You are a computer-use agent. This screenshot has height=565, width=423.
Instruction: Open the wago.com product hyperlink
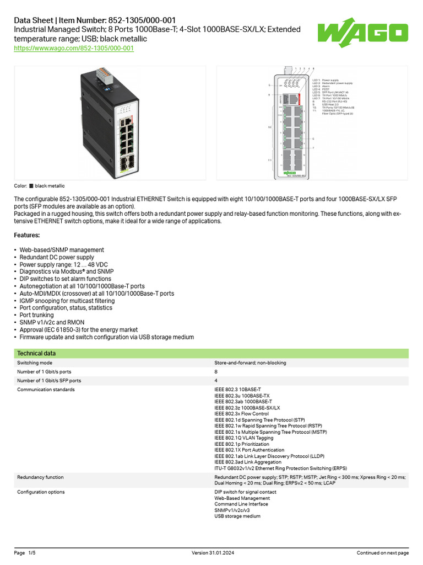(74, 49)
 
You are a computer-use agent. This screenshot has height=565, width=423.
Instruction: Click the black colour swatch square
(31, 186)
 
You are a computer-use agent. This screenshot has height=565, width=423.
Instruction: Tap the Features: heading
(30, 236)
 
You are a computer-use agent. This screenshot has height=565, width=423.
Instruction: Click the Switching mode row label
(35, 363)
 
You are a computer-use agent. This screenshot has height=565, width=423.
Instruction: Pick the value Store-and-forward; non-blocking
(250, 363)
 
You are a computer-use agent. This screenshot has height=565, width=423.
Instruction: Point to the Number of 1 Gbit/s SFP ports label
(49, 381)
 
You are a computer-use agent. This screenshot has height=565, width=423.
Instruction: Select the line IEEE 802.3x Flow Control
(241, 414)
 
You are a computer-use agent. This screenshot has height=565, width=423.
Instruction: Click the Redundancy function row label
(40, 477)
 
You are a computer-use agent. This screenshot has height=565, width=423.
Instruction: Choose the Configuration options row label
(41, 492)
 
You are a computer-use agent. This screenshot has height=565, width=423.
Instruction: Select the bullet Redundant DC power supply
(57, 257)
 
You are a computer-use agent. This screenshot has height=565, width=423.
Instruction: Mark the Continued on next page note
(383, 553)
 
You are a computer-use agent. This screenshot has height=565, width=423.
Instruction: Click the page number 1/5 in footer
(31, 553)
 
